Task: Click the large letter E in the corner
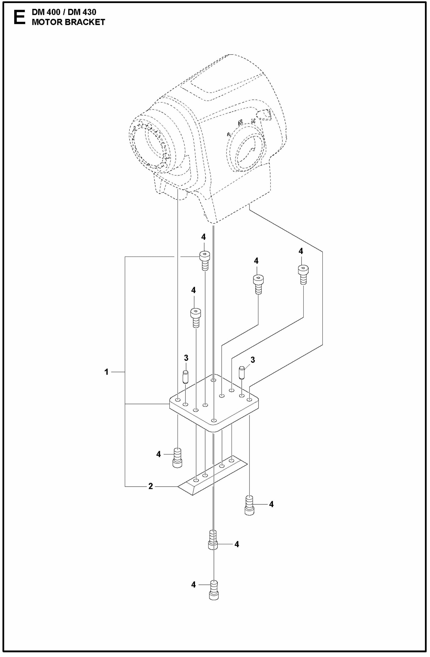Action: click(19, 18)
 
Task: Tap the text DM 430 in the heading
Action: click(82, 12)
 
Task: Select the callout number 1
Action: click(106, 372)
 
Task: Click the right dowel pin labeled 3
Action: click(242, 372)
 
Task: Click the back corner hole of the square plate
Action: click(213, 380)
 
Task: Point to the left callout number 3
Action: click(186, 358)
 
